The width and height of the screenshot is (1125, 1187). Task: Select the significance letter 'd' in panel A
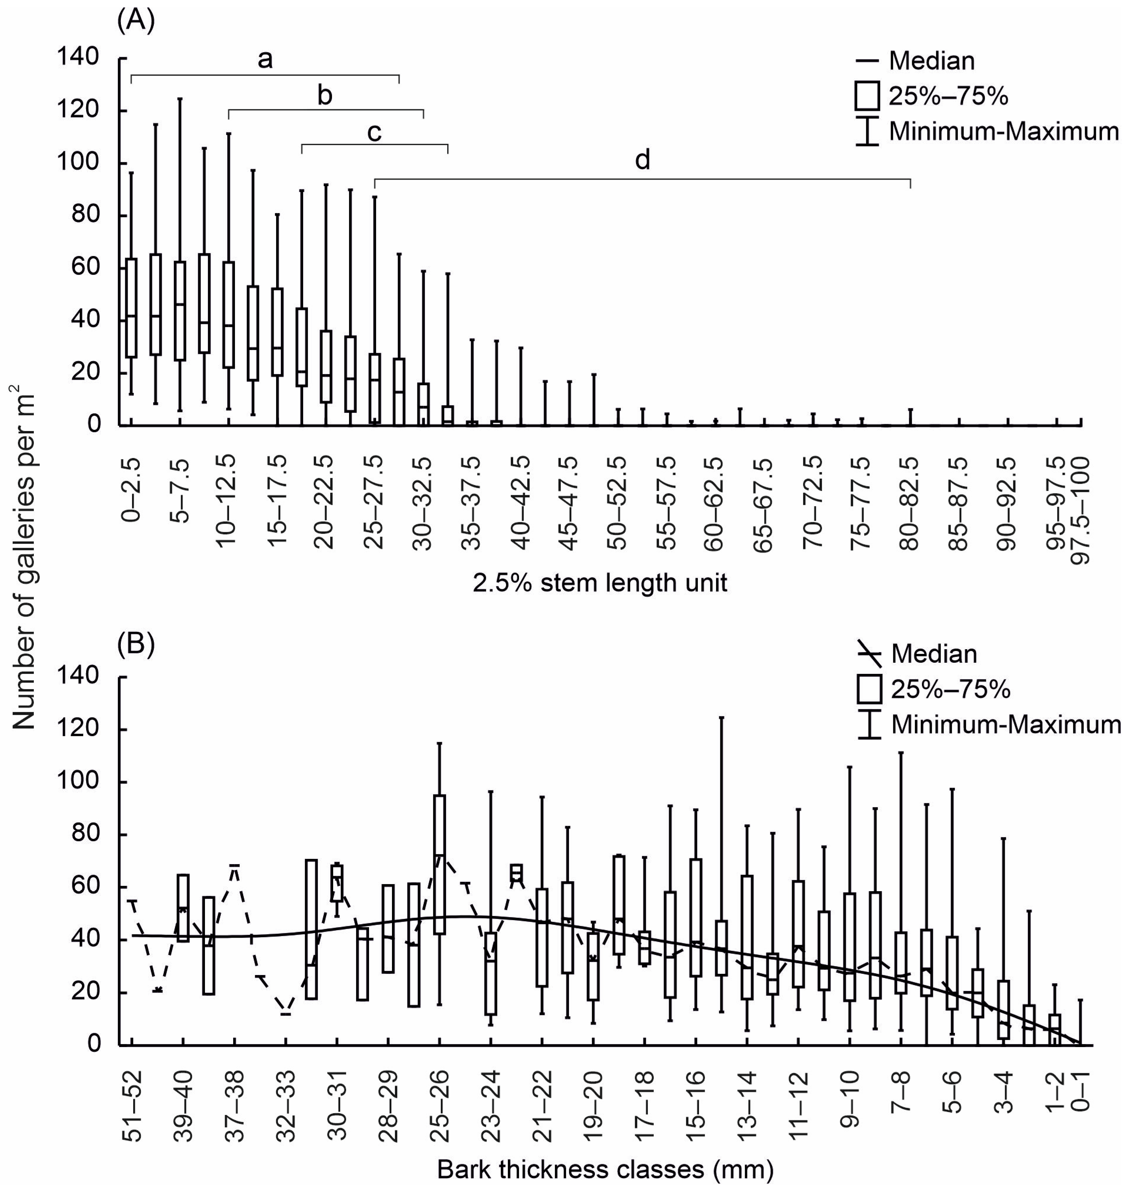[642, 161]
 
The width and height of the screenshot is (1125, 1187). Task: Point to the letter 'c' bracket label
[374, 133]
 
